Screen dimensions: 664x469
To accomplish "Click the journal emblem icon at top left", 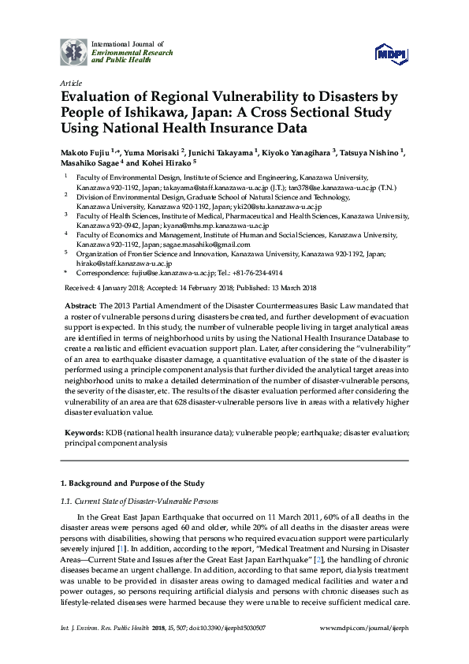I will click(74, 51).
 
